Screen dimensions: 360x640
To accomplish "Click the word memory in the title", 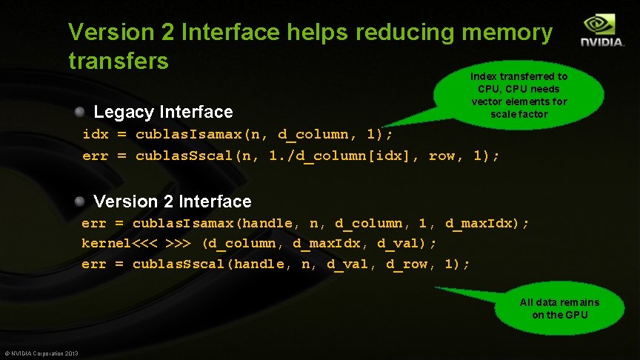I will point(507,33).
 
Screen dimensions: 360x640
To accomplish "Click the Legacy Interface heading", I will point(163,112).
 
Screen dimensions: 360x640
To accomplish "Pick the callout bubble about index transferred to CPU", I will point(519,95).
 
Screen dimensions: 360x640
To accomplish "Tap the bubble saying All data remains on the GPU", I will point(559,308).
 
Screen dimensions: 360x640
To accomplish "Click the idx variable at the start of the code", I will point(95,135).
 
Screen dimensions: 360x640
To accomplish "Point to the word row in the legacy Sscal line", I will point(442,156).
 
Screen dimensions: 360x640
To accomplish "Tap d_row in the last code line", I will point(407,264).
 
